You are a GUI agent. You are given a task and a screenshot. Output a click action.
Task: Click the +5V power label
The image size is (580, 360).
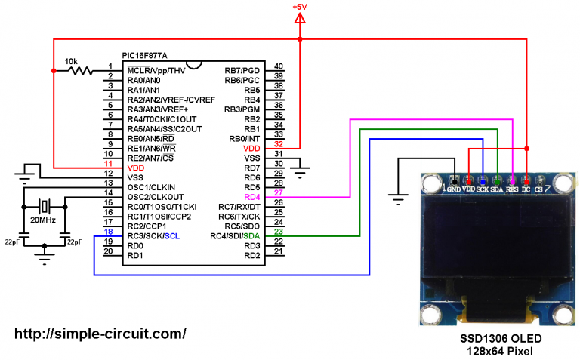(301, 8)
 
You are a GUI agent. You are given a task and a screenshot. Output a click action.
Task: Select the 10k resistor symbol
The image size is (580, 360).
(79, 71)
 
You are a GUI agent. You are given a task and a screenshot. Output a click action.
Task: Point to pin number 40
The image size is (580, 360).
(279, 67)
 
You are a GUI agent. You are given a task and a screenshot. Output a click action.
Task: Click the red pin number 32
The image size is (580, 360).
(279, 146)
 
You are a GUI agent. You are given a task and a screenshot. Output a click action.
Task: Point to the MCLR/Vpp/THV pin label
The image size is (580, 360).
(156, 71)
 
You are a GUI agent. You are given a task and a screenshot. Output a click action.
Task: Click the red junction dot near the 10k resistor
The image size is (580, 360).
(53, 71)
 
